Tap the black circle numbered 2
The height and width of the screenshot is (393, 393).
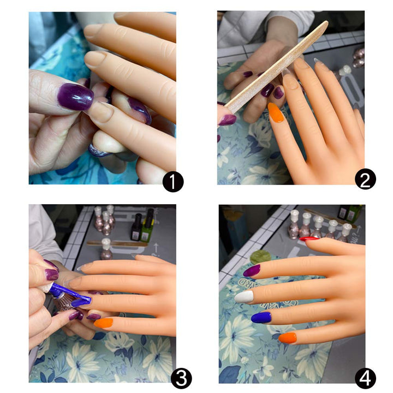pyautogui.click(x=365, y=178)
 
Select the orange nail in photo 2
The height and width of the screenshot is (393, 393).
pyautogui.click(x=276, y=113)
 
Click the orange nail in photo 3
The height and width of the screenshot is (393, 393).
pyautogui.click(x=103, y=323)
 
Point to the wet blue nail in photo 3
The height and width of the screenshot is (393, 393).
pyautogui.click(x=81, y=300)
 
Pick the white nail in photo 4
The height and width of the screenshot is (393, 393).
pyautogui.click(x=243, y=297)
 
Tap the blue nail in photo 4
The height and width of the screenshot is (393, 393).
pyautogui.click(x=261, y=318)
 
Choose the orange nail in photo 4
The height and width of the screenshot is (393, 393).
pyautogui.click(x=287, y=338)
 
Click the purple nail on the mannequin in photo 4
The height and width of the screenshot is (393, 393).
pyautogui.click(x=252, y=270)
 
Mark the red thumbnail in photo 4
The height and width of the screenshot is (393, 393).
pyautogui.click(x=309, y=239)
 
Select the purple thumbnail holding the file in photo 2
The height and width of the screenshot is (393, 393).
pyautogui.click(x=227, y=118)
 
